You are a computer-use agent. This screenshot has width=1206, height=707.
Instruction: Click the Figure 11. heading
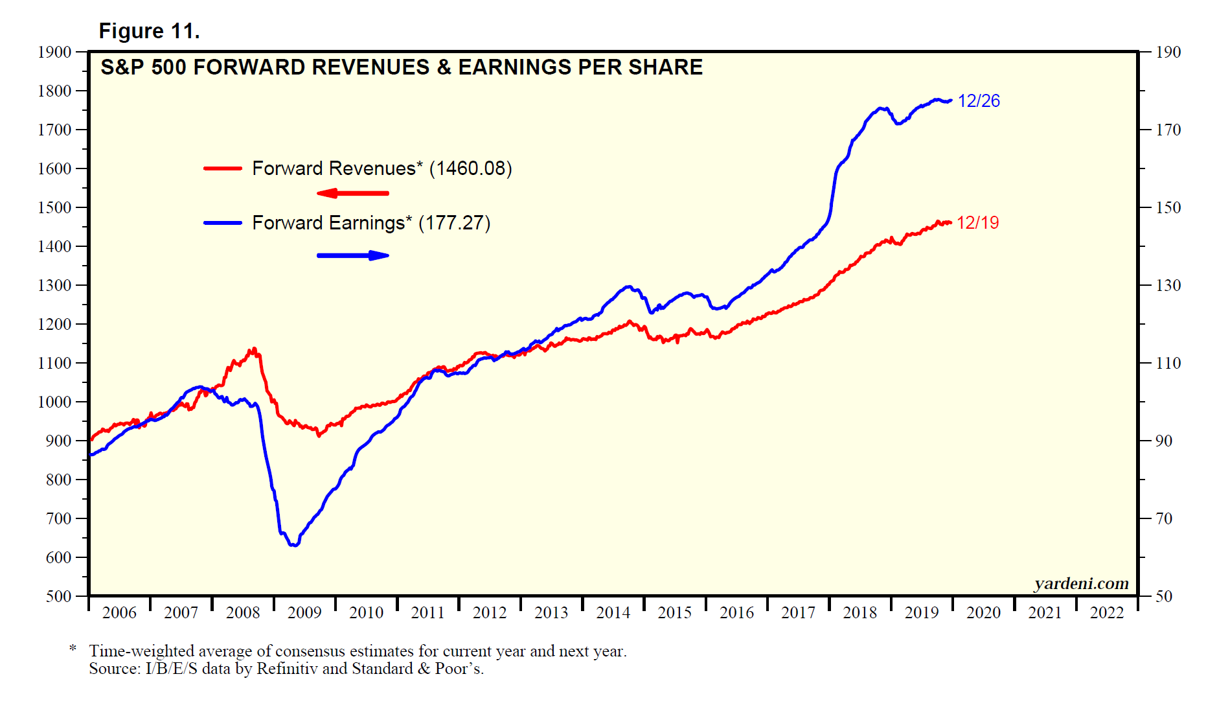pos(149,31)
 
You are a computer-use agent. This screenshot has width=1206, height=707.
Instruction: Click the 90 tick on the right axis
pos(1164,441)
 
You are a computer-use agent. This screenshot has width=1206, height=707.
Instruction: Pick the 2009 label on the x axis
pos(304,612)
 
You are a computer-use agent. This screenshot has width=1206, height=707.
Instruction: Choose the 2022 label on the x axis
pos(1107,612)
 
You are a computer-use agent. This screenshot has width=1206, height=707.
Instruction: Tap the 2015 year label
pos(675,612)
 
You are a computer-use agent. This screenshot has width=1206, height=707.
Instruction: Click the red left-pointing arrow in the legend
pos(353,193)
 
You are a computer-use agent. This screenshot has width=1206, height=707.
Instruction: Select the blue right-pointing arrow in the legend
pos(353,255)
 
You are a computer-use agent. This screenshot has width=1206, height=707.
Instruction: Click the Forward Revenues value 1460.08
pos(470,168)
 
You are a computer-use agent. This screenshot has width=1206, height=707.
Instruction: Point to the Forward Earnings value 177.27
pos(454,223)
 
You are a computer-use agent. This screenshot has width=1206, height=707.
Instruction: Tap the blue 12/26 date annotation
pos(979,101)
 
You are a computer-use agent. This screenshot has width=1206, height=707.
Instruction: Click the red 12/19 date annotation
pos(977,223)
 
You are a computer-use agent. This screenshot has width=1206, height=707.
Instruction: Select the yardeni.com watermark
pos(1081,584)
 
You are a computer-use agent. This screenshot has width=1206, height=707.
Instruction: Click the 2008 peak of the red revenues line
pos(253,349)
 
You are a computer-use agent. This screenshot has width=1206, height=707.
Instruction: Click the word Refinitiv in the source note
pos(287,669)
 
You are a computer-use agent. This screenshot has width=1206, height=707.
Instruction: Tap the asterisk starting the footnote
pos(73,649)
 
